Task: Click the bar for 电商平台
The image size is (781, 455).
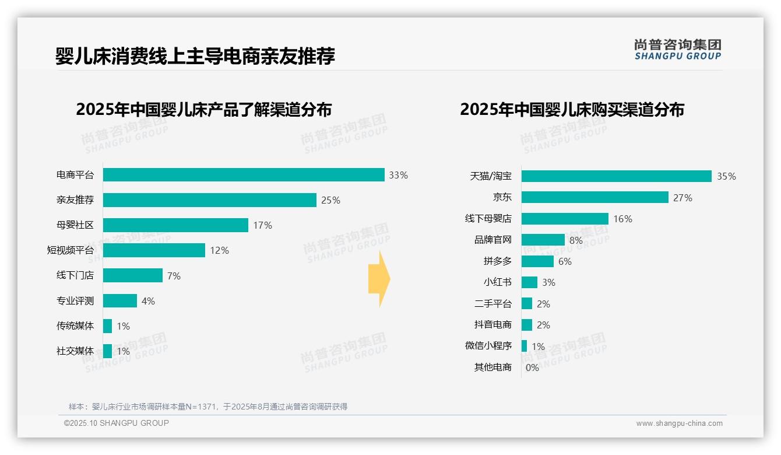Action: coord(244,175)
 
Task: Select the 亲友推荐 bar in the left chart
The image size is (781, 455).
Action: coord(210,200)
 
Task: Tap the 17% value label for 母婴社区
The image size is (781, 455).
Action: coord(262,225)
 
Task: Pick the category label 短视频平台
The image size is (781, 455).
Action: coord(70,250)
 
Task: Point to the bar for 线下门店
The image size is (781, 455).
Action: coord(133,275)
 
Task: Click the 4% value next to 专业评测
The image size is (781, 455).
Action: coord(148,301)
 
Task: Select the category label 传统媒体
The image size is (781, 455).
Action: coord(75,325)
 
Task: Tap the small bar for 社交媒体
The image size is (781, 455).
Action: coord(107,351)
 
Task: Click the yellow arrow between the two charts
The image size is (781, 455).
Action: coord(379,279)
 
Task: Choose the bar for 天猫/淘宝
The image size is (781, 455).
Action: coord(616,176)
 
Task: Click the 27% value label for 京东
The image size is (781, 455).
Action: coord(683,198)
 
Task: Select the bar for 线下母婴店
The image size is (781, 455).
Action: coord(565,219)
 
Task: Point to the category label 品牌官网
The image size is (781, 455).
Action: coord(492,240)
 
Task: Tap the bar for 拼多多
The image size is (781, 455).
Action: coord(537,261)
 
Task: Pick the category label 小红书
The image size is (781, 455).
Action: coord(497,282)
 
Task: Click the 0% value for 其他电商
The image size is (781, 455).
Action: coord(532,367)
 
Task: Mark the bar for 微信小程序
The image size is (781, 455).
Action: coord(524,346)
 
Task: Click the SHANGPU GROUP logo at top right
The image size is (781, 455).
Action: coord(677,50)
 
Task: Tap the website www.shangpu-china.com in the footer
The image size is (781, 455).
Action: coord(679,423)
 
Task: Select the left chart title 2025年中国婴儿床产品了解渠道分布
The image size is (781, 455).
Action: coord(204,110)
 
